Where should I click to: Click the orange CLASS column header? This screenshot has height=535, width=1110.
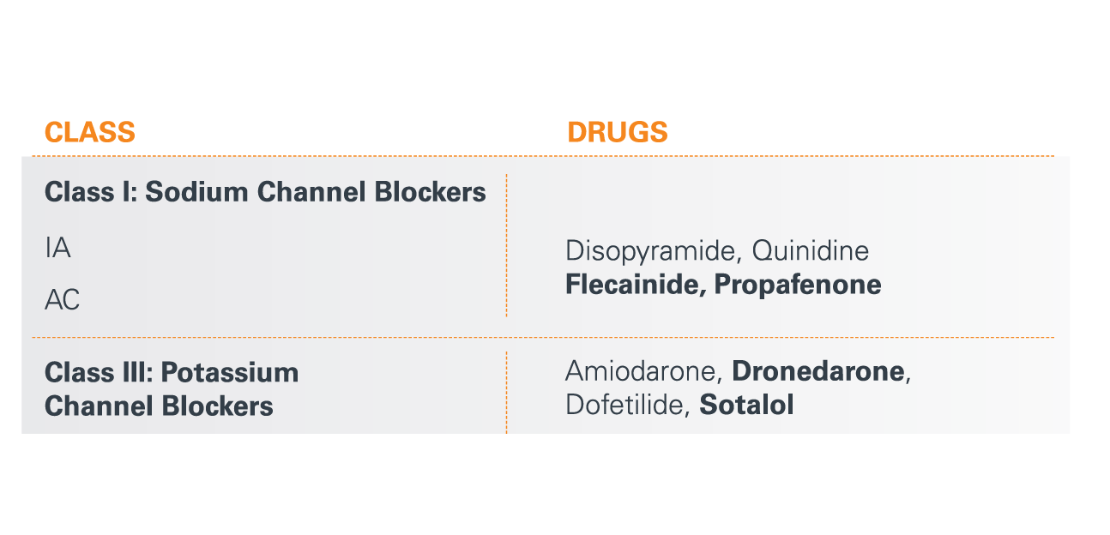click(90, 132)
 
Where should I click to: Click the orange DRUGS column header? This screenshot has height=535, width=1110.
click(618, 132)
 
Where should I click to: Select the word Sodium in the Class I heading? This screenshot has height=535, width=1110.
click(196, 192)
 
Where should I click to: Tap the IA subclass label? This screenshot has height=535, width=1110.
click(57, 248)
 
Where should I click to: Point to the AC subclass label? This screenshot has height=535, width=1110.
click(62, 300)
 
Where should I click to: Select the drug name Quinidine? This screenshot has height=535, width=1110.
click(811, 250)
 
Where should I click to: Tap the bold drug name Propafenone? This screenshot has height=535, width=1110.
click(798, 286)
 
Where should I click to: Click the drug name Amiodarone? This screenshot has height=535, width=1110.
click(643, 371)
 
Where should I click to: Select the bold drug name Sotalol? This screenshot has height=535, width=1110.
click(746, 405)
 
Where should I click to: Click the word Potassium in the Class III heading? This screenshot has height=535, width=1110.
click(230, 372)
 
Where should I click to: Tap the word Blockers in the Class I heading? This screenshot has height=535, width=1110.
click(430, 192)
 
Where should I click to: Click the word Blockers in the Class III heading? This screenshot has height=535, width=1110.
click(218, 406)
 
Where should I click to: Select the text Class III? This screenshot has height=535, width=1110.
click(99, 372)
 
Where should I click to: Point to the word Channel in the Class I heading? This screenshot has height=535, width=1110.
click(311, 192)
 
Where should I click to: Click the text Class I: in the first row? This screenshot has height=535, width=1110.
click(91, 192)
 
